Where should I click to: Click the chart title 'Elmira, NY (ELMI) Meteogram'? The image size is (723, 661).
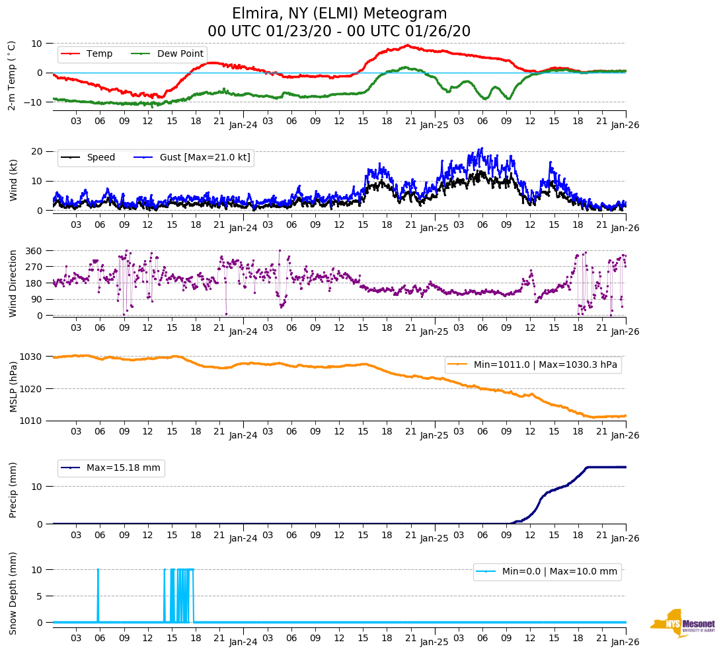tap(339, 14)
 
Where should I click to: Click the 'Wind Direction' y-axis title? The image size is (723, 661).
tap(13, 283)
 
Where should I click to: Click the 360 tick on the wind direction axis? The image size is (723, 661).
tap(34, 251)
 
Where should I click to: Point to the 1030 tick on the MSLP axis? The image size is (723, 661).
tap(32, 357)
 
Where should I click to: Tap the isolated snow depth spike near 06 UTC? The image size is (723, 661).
tap(98, 594)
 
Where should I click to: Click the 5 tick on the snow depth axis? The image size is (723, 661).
tap(40, 596)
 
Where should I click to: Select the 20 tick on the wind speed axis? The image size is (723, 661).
tap(37, 152)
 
